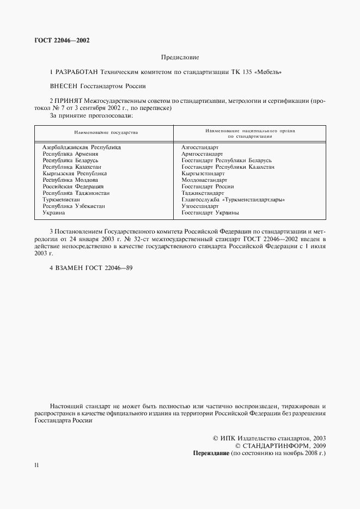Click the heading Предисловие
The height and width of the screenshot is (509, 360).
(x=180, y=57)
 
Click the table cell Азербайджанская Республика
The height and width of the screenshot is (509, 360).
(x=82, y=148)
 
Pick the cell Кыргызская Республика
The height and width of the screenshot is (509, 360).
(x=75, y=173)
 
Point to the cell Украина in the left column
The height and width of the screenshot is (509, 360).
(x=54, y=212)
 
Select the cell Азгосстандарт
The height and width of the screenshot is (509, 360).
(x=200, y=148)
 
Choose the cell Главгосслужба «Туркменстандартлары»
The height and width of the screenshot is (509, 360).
(x=226, y=199)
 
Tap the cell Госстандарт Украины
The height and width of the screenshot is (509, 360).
(x=210, y=212)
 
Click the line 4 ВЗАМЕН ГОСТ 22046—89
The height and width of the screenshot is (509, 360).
(x=91, y=268)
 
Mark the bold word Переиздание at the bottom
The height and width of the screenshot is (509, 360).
(x=211, y=453)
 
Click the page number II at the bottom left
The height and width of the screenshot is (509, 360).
(x=36, y=465)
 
